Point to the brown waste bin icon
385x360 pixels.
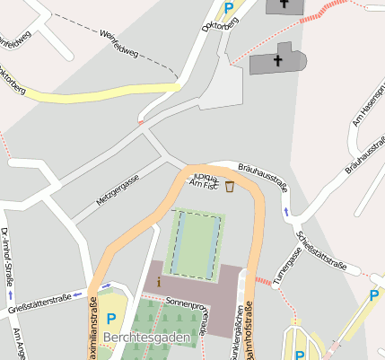click(x=230, y=187)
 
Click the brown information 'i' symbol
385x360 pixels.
click(x=159, y=282)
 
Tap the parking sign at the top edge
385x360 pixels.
click(x=229, y=8)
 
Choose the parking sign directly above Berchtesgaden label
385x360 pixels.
click(x=111, y=318)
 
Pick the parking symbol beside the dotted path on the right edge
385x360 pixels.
click(x=373, y=294)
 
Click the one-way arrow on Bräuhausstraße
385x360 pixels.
click(x=286, y=212)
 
